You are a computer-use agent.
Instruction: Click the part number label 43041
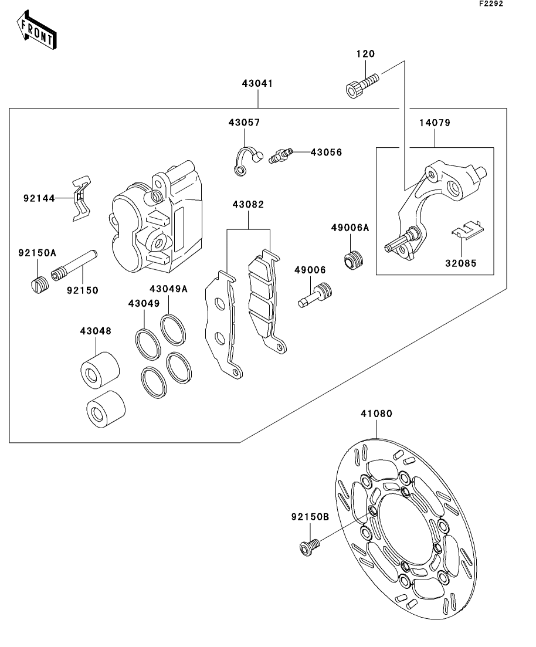(x=257, y=83)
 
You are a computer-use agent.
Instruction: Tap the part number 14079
(x=435, y=123)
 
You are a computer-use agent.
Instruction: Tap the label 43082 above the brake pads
(x=248, y=205)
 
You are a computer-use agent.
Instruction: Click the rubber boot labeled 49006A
(x=354, y=259)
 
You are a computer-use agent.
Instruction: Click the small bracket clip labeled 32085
(x=467, y=231)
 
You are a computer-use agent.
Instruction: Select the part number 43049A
(x=168, y=289)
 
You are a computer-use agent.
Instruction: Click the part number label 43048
(x=96, y=331)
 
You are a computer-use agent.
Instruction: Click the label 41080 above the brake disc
(x=376, y=414)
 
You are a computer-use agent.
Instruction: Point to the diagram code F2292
(x=491, y=4)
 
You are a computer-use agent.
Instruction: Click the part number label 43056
(x=326, y=152)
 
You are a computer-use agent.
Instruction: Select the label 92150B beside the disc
(x=310, y=517)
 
